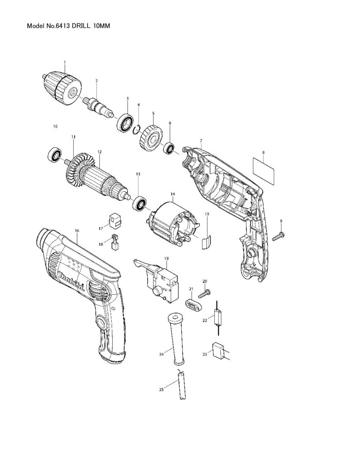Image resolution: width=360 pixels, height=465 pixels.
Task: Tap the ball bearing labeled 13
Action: click(x=138, y=203)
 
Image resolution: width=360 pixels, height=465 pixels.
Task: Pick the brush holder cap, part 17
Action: click(x=116, y=220)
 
